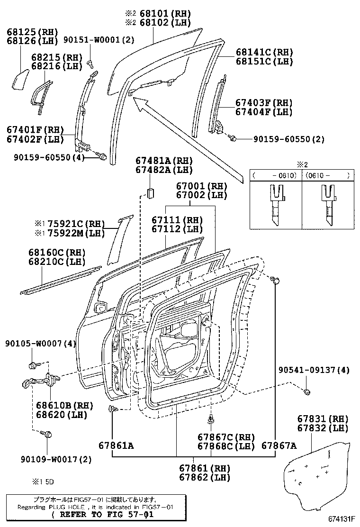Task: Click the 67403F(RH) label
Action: [263, 103]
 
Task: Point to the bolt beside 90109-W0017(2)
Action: [47, 434]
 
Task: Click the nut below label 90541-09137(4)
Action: [307, 392]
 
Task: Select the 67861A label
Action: [116, 445]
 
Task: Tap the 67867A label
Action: [279, 445]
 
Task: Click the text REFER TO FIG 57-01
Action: [102, 515]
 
